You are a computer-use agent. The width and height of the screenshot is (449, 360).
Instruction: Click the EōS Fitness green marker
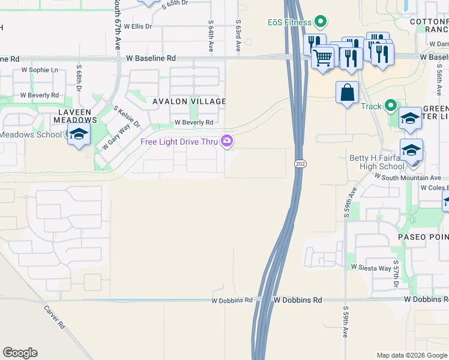click(321, 23)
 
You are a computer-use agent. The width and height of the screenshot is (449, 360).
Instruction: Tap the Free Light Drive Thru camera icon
click(227, 142)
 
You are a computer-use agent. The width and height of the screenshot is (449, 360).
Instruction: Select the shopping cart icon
click(323, 58)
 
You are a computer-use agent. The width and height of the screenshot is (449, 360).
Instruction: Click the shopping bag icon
click(347, 92)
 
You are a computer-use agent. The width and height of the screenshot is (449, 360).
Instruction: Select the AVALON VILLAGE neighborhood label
click(189, 101)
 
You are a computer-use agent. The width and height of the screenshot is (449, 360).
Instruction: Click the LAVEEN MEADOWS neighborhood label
click(74, 116)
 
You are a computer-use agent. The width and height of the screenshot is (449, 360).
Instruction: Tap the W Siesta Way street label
click(371, 266)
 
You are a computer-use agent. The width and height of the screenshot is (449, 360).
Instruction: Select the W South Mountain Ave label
click(408, 178)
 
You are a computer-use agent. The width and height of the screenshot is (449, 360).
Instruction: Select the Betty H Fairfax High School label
click(377, 162)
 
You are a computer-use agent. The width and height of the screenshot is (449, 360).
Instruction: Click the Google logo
click(20, 353)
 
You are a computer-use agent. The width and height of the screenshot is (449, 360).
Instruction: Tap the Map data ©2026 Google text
click(411, 355)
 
